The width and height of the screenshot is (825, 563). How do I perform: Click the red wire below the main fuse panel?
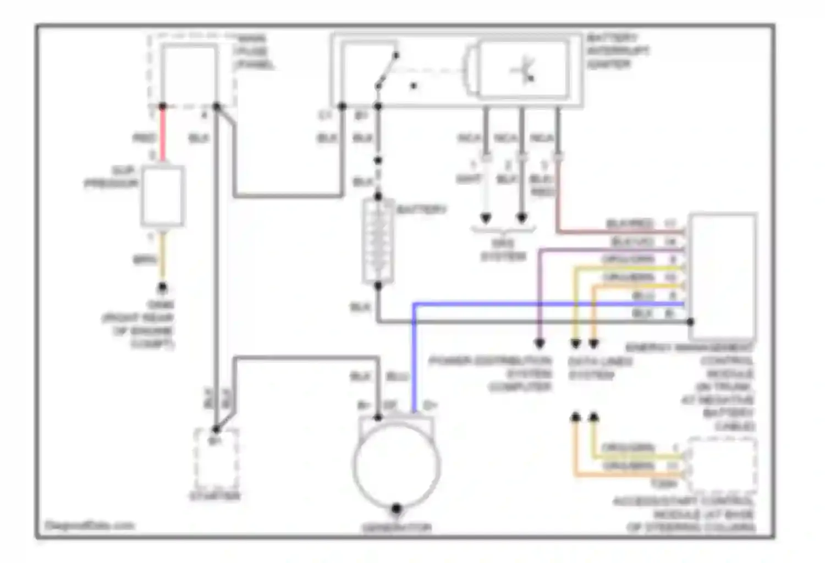[163, 135]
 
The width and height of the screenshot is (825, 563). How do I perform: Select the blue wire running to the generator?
[414, 357]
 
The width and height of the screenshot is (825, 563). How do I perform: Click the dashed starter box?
[216, 459]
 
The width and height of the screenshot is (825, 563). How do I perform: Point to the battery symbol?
[378, 242]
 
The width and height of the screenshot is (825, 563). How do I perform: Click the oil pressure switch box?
[162, 196]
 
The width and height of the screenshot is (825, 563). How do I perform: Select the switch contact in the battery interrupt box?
[386, 70]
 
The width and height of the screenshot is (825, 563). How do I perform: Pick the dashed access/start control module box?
[723, 465]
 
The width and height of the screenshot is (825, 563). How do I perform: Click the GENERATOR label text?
[396, 528]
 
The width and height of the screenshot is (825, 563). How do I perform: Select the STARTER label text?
[215, 496]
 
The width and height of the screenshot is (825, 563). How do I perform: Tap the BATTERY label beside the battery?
[421, 209]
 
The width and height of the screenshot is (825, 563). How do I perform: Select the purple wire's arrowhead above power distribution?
[540, 344]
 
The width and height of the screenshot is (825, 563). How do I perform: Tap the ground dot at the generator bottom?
[396, 509]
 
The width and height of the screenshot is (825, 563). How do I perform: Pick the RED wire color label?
[144, 137]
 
